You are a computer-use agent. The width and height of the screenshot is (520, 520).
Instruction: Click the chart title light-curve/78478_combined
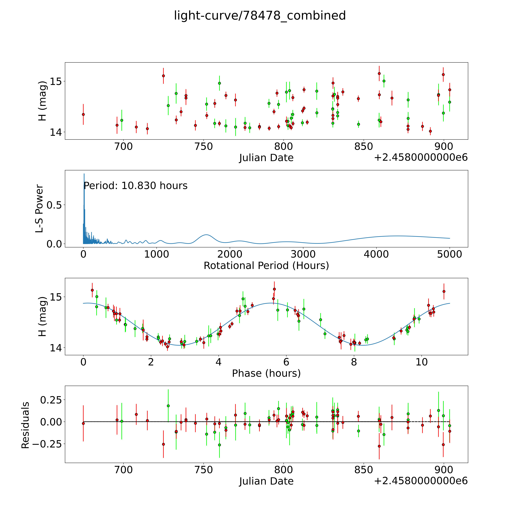click(260, 16)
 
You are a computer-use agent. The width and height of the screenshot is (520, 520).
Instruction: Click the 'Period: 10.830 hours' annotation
click(135, 186)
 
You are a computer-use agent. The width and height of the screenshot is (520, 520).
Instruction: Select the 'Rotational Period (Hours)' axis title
click(266, 266)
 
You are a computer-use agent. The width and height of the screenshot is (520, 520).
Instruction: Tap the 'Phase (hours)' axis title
click(266, 373)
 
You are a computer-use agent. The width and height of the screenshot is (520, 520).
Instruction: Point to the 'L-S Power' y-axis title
click(39, 209)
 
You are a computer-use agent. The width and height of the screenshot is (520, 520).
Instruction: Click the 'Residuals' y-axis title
click(25, 425)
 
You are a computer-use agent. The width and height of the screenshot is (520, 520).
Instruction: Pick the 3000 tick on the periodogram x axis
click(303, 254)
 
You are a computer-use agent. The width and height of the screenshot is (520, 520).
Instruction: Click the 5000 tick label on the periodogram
click(450, 254)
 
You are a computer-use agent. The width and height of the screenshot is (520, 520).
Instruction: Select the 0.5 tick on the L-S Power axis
click(54, 205)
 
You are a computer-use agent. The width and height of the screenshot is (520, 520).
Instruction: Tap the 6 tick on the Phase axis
click(286, 362)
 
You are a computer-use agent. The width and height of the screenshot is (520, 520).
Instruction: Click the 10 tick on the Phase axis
click(421, 362)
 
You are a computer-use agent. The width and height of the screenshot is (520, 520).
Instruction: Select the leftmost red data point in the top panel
click(83, 114)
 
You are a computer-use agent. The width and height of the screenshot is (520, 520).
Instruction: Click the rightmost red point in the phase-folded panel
click(444, 291)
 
